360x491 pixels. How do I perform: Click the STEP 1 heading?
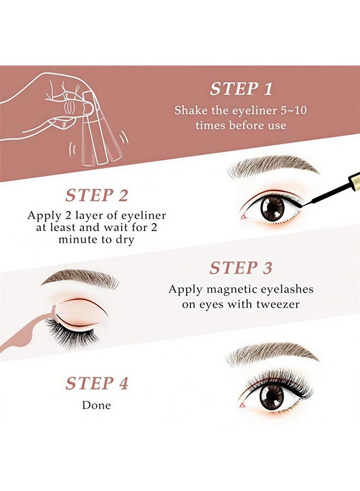pyautogui.click(x=241, y=89)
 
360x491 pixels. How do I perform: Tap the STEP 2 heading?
pyautogui.click(x=97, y=195)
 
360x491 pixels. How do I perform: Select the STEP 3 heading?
pyautogui.click(x=241, y=268)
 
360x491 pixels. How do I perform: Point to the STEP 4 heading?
pyautogui.click(x=97, y=384)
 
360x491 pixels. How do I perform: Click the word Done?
pyautogui.click(x=97, y=405)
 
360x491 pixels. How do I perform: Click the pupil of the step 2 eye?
pyautogui.click(x=272, y=208)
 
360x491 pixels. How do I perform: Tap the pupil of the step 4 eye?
pyautogui.click(x=271, y=397)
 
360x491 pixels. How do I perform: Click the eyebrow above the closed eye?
pyautogui.click(x=80, y=279)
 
